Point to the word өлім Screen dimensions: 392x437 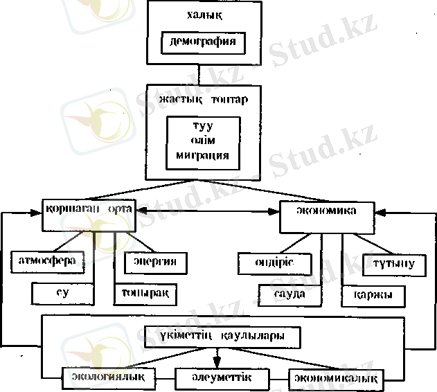(x=204, y=141)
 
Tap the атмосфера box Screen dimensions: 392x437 (x=52, y=262)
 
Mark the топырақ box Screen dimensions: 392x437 (x=145, y=293)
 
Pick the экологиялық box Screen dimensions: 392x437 (x=107, y=377)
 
